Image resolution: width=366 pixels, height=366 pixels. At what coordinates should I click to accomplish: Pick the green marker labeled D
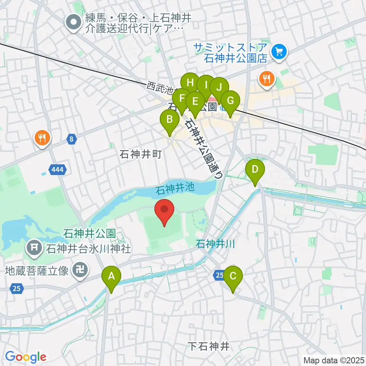tap(255, 170)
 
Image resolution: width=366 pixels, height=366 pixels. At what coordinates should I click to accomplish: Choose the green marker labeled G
tap(230, 101)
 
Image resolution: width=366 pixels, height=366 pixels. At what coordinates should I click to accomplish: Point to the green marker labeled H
tap(190, 83)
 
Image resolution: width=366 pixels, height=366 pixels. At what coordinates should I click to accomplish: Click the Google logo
tap(26, 357)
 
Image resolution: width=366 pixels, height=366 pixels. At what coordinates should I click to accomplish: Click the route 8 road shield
tap(71, 140)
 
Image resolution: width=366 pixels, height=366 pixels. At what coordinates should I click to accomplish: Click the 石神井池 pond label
tap(175, 188)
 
